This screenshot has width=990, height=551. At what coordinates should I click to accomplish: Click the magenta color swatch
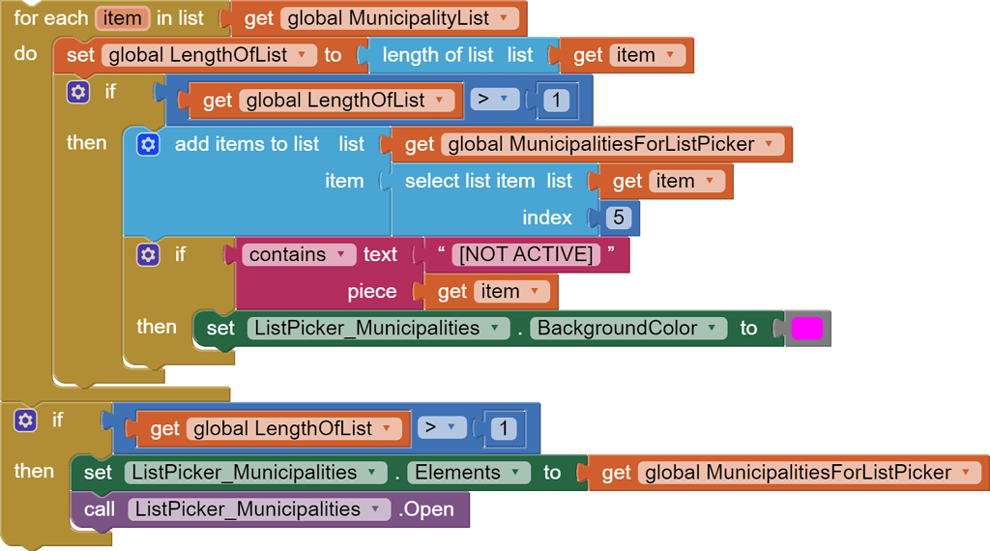pyautogui.click(x=807, y=329)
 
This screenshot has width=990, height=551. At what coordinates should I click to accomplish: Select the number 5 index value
pyautogui.click(x=618, y=217)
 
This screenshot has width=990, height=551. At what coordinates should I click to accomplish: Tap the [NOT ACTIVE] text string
pyautogui.click(x=526, y=255)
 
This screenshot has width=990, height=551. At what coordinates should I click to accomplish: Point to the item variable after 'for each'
pyautogui.click(x=122, y=18)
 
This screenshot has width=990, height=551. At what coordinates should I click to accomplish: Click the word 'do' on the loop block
pyautogui.click(x=25, y=54)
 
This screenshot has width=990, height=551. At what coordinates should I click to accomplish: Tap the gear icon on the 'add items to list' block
pyautogui.click(x=147, y=144)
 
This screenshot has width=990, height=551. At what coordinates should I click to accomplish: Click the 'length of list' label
pyautogui.click(x=437, y=55)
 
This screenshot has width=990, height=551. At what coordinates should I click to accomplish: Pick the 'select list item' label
pyautogui.click(x=469, y=181)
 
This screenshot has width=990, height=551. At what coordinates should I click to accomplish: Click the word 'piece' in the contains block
pyautogui.click(x=372, y=292)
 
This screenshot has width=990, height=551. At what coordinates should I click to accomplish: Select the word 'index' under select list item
pyautogui.click(x=547, y=217)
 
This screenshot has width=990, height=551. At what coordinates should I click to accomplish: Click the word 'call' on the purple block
pyautogui.click(x=100, y=509)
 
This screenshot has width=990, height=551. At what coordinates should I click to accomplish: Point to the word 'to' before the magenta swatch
pyautogui.click(x=748, y=329)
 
